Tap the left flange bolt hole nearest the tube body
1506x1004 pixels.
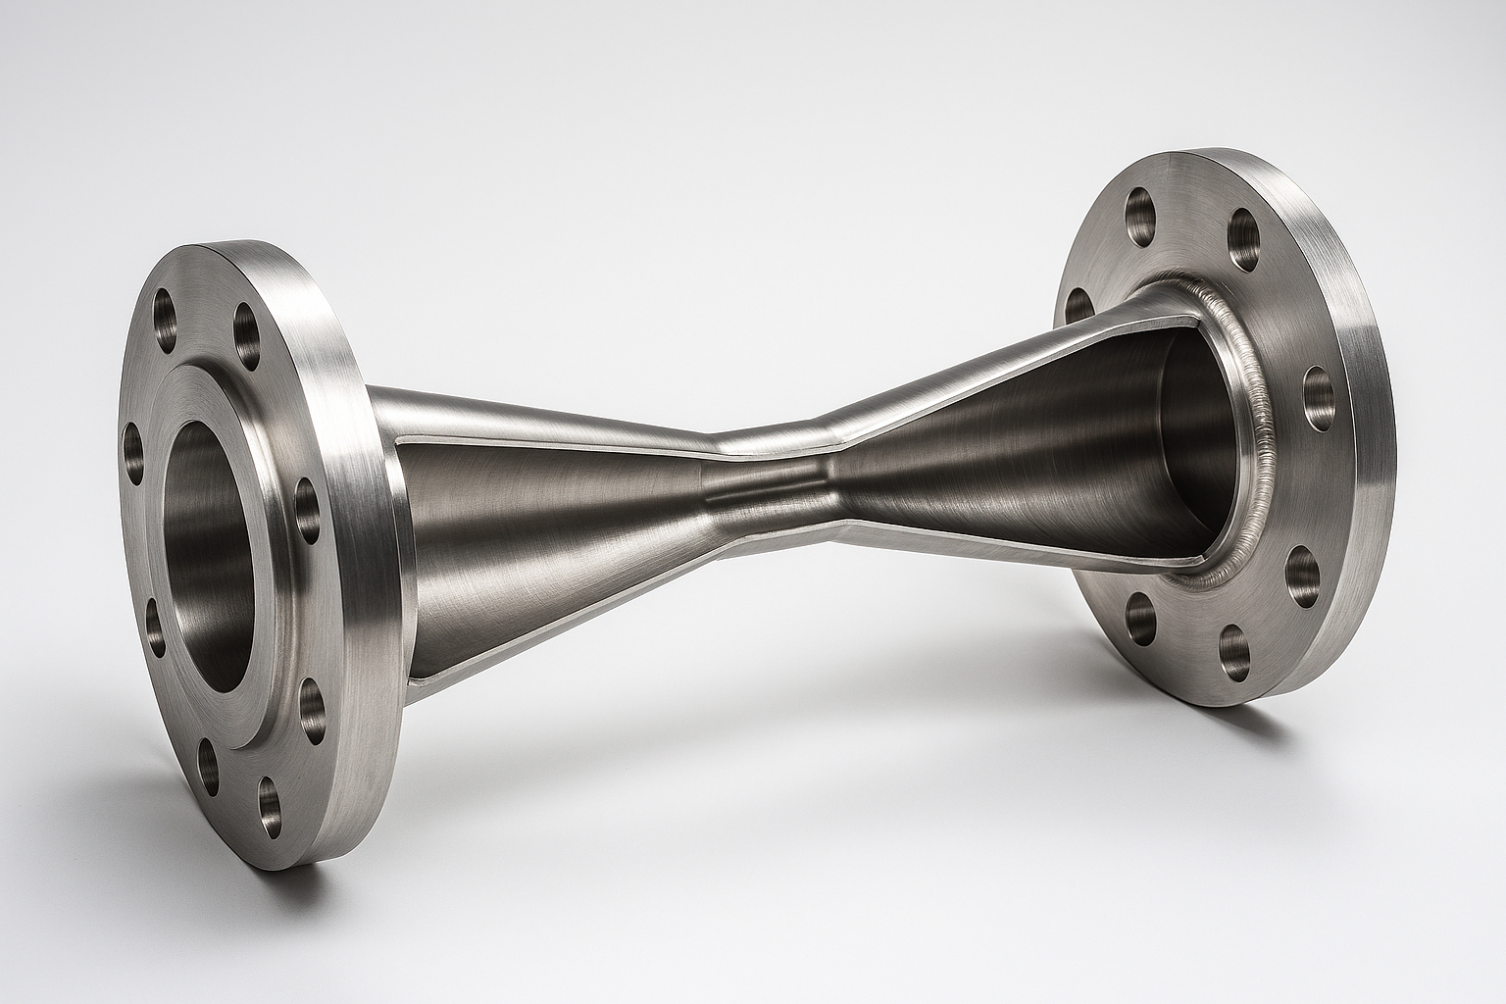click(308, 510)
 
